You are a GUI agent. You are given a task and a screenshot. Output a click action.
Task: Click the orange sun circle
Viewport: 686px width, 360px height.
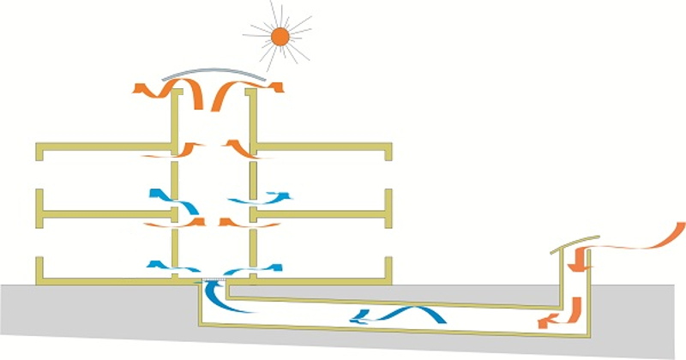click(x=279, y=35)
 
